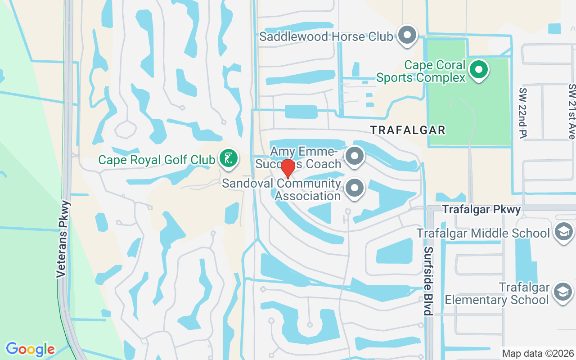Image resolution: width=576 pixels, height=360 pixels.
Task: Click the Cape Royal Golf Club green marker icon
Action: (x=229, y=158)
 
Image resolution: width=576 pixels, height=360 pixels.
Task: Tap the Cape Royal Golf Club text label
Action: (x=157, y=160)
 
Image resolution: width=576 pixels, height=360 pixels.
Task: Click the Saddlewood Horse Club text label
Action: (x=326, y=36)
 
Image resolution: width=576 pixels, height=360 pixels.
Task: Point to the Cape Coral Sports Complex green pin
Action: (x=478, y=70)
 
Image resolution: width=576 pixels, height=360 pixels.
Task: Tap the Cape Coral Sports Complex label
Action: (x=421, y=72)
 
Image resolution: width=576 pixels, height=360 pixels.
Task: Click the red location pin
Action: (x=288, y=168)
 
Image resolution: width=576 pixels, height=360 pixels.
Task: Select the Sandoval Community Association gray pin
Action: (x=355, y=188)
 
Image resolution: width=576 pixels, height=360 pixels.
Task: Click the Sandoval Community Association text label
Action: (x=282, y=190)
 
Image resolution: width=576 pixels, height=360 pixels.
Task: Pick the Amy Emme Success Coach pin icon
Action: (x=355, y=156)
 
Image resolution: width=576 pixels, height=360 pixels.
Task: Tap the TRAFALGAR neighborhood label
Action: (x=408, y=130)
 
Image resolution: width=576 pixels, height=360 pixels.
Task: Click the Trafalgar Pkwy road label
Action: (x=481, y=210)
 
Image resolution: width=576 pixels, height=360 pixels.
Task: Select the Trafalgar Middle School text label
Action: (x=483, y=234)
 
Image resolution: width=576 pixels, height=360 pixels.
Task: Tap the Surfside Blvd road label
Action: (x=428, y=281)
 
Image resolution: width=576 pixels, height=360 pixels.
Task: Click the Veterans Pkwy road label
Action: (x=64, y=239)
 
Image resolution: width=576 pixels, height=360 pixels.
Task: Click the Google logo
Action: (x=30, y=349)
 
